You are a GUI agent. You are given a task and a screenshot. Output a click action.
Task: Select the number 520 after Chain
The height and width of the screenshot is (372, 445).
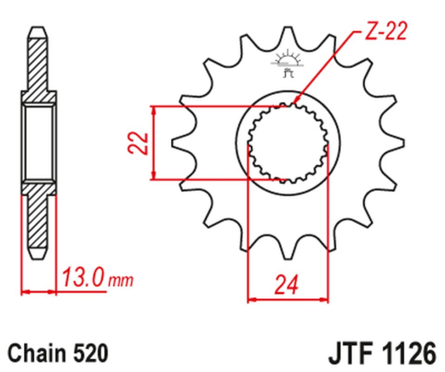pyautogui.click(x=91, y=352)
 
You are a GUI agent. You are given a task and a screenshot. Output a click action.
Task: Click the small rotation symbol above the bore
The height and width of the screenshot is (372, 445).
pyautogui.click(x=286, y=64)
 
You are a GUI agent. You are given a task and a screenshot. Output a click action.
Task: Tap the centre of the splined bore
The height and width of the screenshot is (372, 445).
pyautogui.click(x=286, y=143)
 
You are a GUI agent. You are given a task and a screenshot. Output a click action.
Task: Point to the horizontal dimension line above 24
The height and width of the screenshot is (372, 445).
pyautogui.click(x=286, y=299)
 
